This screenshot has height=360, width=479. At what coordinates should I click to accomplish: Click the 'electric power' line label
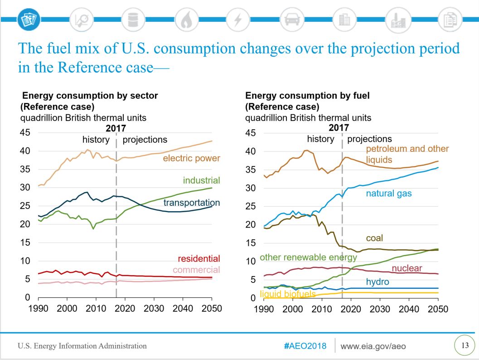191,158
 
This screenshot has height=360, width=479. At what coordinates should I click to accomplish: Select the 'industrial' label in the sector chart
201,180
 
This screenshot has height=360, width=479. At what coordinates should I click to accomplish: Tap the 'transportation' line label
192,202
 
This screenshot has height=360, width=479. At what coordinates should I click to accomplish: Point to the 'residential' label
198,259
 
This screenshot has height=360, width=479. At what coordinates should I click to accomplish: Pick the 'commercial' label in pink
198,270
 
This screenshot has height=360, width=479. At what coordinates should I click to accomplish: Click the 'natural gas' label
389,194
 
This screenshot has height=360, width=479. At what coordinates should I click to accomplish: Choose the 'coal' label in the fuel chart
374,238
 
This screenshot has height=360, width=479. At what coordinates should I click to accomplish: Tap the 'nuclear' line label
406,268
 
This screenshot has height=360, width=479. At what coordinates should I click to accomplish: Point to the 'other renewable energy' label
308,258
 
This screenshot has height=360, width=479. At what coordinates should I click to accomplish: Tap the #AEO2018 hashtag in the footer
305,346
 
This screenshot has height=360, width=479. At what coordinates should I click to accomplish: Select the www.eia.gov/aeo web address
373,346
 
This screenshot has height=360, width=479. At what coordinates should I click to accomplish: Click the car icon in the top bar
290,19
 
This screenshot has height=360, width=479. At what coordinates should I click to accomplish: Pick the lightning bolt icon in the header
238,19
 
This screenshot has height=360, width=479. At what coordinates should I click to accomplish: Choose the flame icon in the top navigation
186,19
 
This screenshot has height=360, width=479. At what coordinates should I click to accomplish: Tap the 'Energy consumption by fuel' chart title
307,96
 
